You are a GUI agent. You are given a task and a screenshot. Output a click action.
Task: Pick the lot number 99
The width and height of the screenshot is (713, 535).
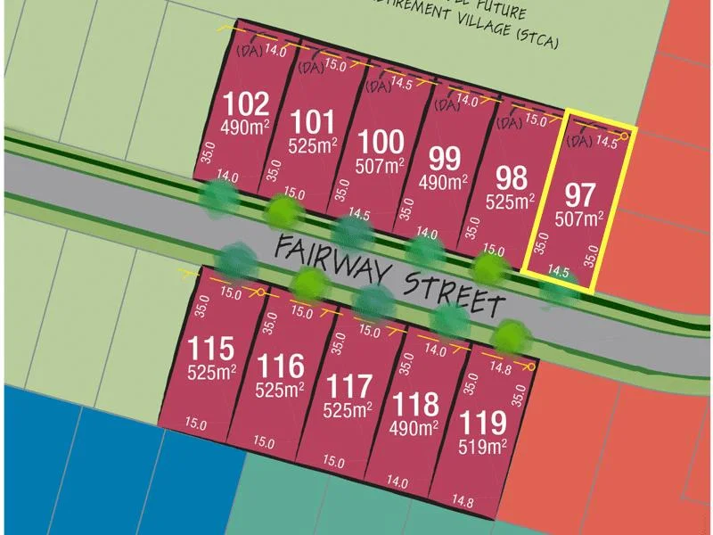[x=444, y=160]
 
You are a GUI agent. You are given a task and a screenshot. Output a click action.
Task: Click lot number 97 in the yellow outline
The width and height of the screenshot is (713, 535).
[x=580, y=193]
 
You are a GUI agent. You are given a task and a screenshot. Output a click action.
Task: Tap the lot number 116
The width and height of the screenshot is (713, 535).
[x=280, y=366]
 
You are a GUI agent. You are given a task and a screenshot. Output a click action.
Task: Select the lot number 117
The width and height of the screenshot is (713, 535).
[x=348, y=388]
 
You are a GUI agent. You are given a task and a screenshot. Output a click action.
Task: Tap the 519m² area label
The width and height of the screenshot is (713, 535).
[x=483, y=445]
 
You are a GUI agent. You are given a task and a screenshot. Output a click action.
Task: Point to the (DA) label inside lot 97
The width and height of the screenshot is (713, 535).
[x=579, y=141]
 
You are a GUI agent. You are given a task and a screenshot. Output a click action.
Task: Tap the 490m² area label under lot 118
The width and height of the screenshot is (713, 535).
[x=415, y=428]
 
